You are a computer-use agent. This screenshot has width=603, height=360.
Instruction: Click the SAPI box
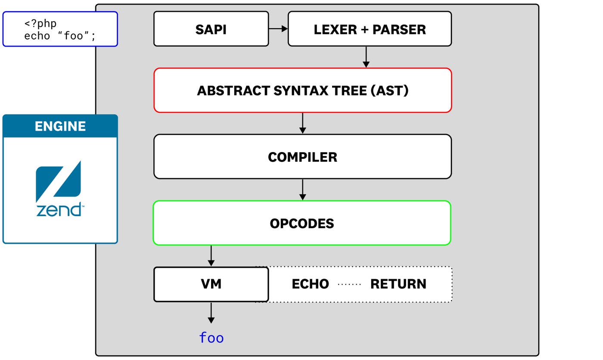211,29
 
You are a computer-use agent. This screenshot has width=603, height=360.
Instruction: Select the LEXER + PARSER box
370,29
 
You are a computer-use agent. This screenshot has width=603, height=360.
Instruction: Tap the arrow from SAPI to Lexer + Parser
278,29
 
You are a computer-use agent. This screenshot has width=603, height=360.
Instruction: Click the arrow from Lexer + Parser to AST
366,57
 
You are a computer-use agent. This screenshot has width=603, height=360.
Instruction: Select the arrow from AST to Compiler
302,123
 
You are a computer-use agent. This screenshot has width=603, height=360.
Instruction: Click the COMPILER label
302,157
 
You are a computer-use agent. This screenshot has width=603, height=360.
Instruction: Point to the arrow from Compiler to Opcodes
302,189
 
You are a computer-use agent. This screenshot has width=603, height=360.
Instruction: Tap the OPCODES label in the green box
302,223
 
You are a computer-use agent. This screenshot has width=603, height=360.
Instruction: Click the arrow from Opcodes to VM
211,256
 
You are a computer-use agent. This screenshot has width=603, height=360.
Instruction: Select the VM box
211,284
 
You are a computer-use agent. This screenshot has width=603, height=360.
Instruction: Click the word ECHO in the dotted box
310,284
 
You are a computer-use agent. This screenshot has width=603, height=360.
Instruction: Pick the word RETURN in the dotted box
398,284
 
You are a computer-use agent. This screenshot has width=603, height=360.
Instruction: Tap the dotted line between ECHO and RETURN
349,284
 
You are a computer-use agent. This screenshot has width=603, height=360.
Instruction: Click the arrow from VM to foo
211,313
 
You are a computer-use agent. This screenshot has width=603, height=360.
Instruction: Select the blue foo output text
211,338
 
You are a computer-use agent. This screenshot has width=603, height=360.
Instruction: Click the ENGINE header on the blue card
60,126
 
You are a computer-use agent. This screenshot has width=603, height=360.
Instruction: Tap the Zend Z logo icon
58,181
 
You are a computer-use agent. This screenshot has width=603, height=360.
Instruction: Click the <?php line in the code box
40,23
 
